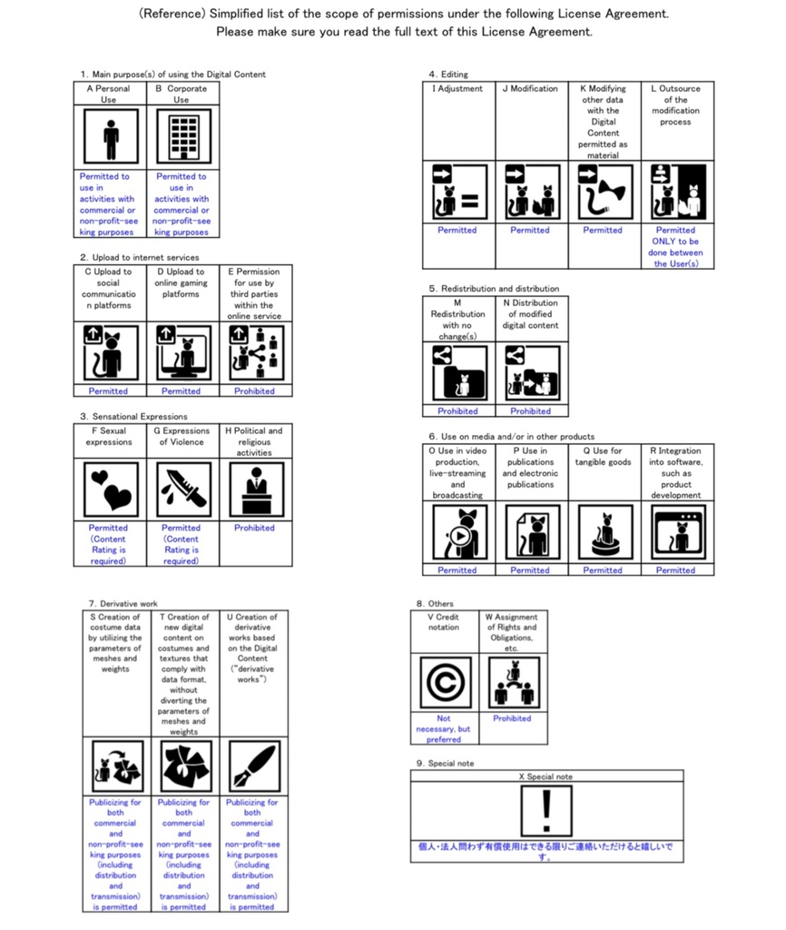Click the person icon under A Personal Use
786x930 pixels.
click(111, 137)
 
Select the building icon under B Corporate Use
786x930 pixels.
click(182, 137)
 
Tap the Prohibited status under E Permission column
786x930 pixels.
click(254, 391)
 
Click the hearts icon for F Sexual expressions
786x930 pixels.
click(111, 490)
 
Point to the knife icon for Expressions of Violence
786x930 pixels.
click(182, 490)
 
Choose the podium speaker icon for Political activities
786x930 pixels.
click(255, 490)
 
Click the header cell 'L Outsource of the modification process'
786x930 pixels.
click(676, 105)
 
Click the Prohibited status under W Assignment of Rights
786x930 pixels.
click(512, 718)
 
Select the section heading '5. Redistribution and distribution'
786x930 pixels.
click(494, 289)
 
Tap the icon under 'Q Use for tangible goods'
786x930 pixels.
click(603, 532)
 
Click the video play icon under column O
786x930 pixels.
click(457, 532)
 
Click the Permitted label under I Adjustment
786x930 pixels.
click(457, 230)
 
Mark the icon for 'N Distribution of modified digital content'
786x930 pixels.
click(531, 373)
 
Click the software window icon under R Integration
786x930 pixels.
click(676, 532)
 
